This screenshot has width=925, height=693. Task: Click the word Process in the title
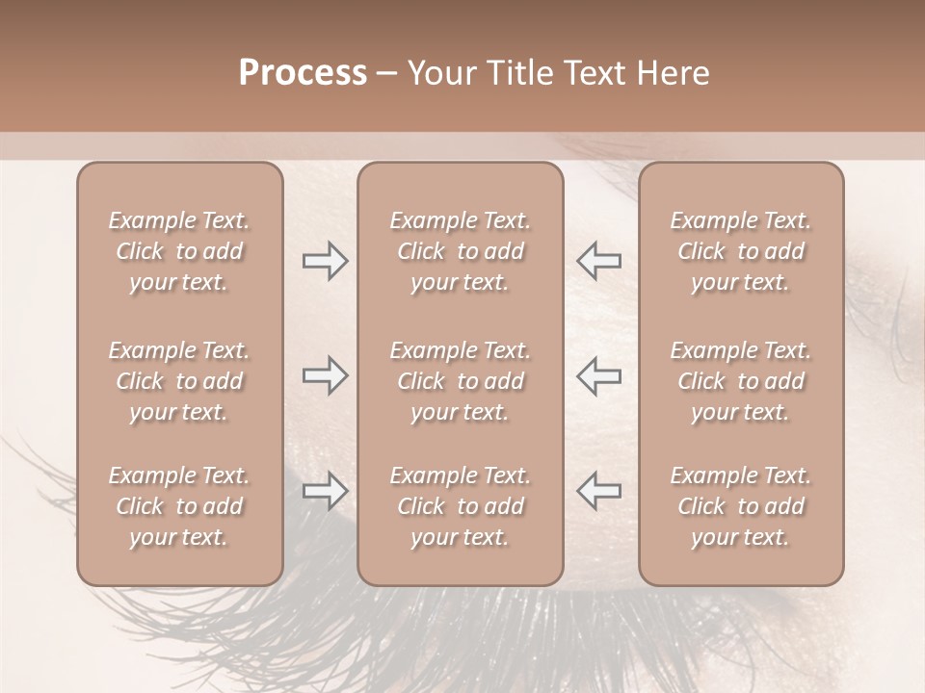point(303,73)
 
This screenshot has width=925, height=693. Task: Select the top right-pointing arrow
point(325,261)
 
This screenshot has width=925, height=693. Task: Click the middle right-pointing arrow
point(325,375)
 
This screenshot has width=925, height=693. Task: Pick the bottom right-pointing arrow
point(325,491)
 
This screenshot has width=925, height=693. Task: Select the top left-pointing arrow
point(598,261)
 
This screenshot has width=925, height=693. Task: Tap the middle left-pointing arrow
point(598,375)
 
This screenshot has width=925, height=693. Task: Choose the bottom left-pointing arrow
point(598,491)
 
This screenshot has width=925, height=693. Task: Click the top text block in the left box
point(179,251)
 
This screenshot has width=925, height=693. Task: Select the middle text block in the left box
point(179,381)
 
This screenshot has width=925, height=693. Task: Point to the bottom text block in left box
point(179,506)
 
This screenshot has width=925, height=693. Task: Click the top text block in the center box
point(460,251)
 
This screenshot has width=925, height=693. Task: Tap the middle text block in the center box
point(460,381)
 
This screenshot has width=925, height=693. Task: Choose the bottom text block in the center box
point(460,506)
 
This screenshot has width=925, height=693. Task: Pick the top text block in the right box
point(741,251)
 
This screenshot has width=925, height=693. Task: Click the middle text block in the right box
point(741,381)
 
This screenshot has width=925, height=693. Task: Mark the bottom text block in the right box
point(741,506)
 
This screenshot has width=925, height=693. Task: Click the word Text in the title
point(591,73)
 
